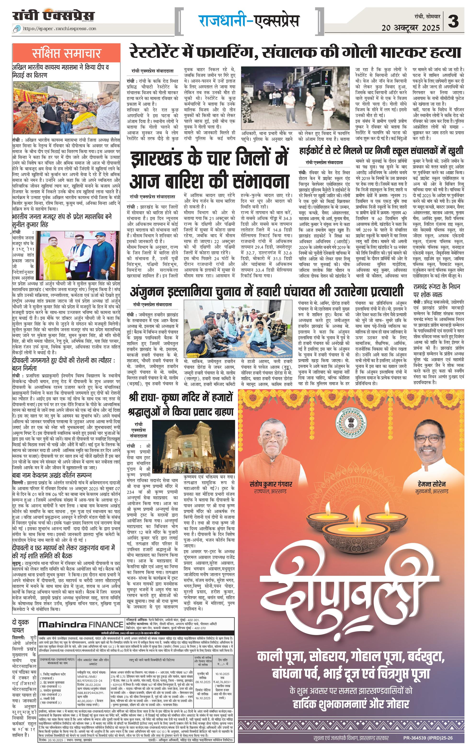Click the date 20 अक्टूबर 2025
[411, 28]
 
